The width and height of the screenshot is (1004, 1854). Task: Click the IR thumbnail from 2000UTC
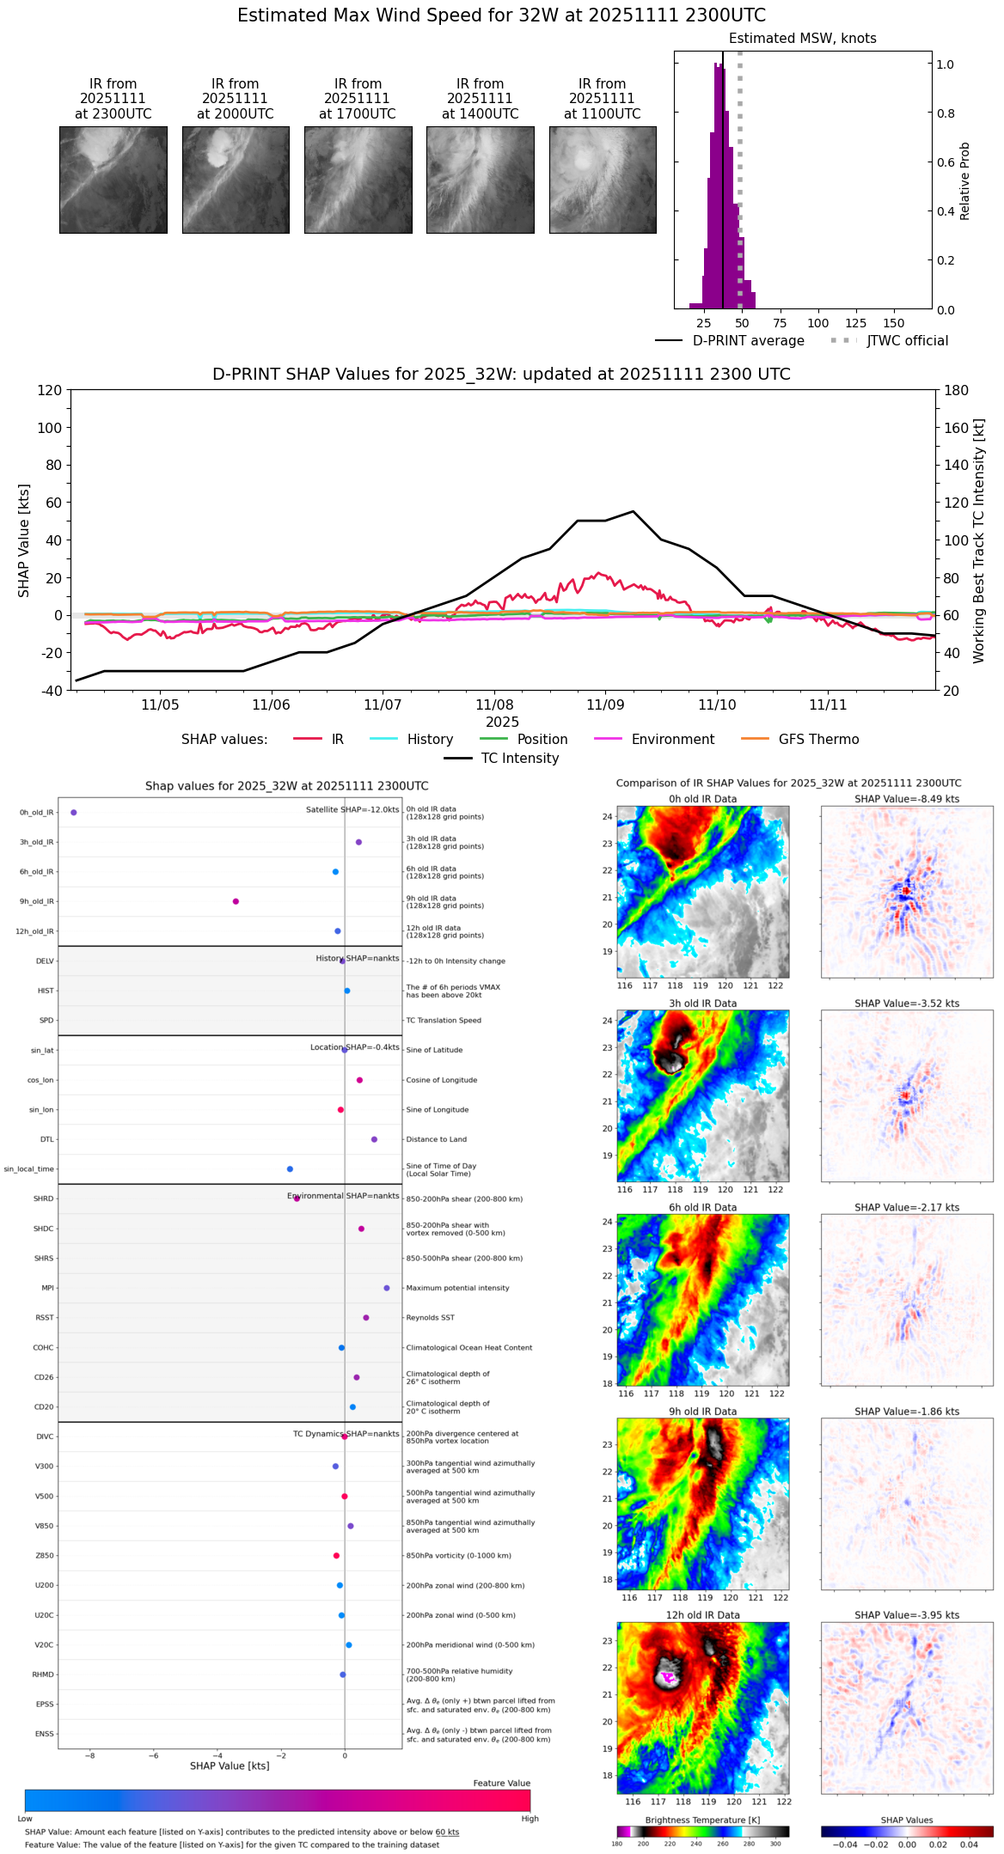(x=236, y=180)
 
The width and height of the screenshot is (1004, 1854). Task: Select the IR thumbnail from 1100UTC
(x=603, y=180)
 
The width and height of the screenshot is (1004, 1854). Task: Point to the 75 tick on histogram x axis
(x=780, y=324)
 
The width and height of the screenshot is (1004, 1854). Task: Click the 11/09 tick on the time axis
(x=605, y=705)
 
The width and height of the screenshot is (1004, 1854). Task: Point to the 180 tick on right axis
(x=956, y=391)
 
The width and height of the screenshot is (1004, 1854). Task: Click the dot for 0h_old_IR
(x=74, y=813)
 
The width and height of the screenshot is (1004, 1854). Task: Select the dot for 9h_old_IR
(x=236, y=902)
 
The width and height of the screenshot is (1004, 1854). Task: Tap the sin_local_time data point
(x=290, y=1169)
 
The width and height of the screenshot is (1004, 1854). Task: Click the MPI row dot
(x=387, y=1289)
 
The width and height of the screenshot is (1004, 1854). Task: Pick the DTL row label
(x=46, y=1140)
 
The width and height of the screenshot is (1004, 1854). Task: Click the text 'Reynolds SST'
(x=430, y=1318)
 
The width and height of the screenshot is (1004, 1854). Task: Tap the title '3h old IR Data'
(x=702, y=1003)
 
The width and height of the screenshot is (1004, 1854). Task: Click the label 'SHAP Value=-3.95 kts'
(x=907, y=1616)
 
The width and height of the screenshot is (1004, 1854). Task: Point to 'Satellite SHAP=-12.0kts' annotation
(x=352, y=810)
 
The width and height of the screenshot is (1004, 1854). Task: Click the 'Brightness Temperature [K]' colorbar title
(x=702, y=1820)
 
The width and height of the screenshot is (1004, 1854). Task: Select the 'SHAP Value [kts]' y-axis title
(x=24, y=540)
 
